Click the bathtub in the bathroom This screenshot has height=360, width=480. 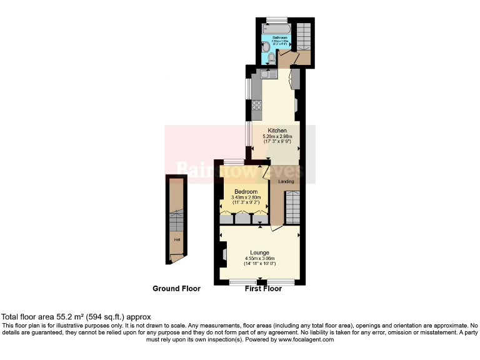click(276, 29)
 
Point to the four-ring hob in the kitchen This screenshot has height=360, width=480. click(256, 106)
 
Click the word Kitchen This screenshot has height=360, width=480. click(277, 131)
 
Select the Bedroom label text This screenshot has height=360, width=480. click(246, 191)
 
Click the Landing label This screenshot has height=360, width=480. click(286, 181)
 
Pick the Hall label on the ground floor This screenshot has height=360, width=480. click(177, 239)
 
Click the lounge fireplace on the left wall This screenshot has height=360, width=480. click(222, 253)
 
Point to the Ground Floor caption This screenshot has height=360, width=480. click(176, 289)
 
